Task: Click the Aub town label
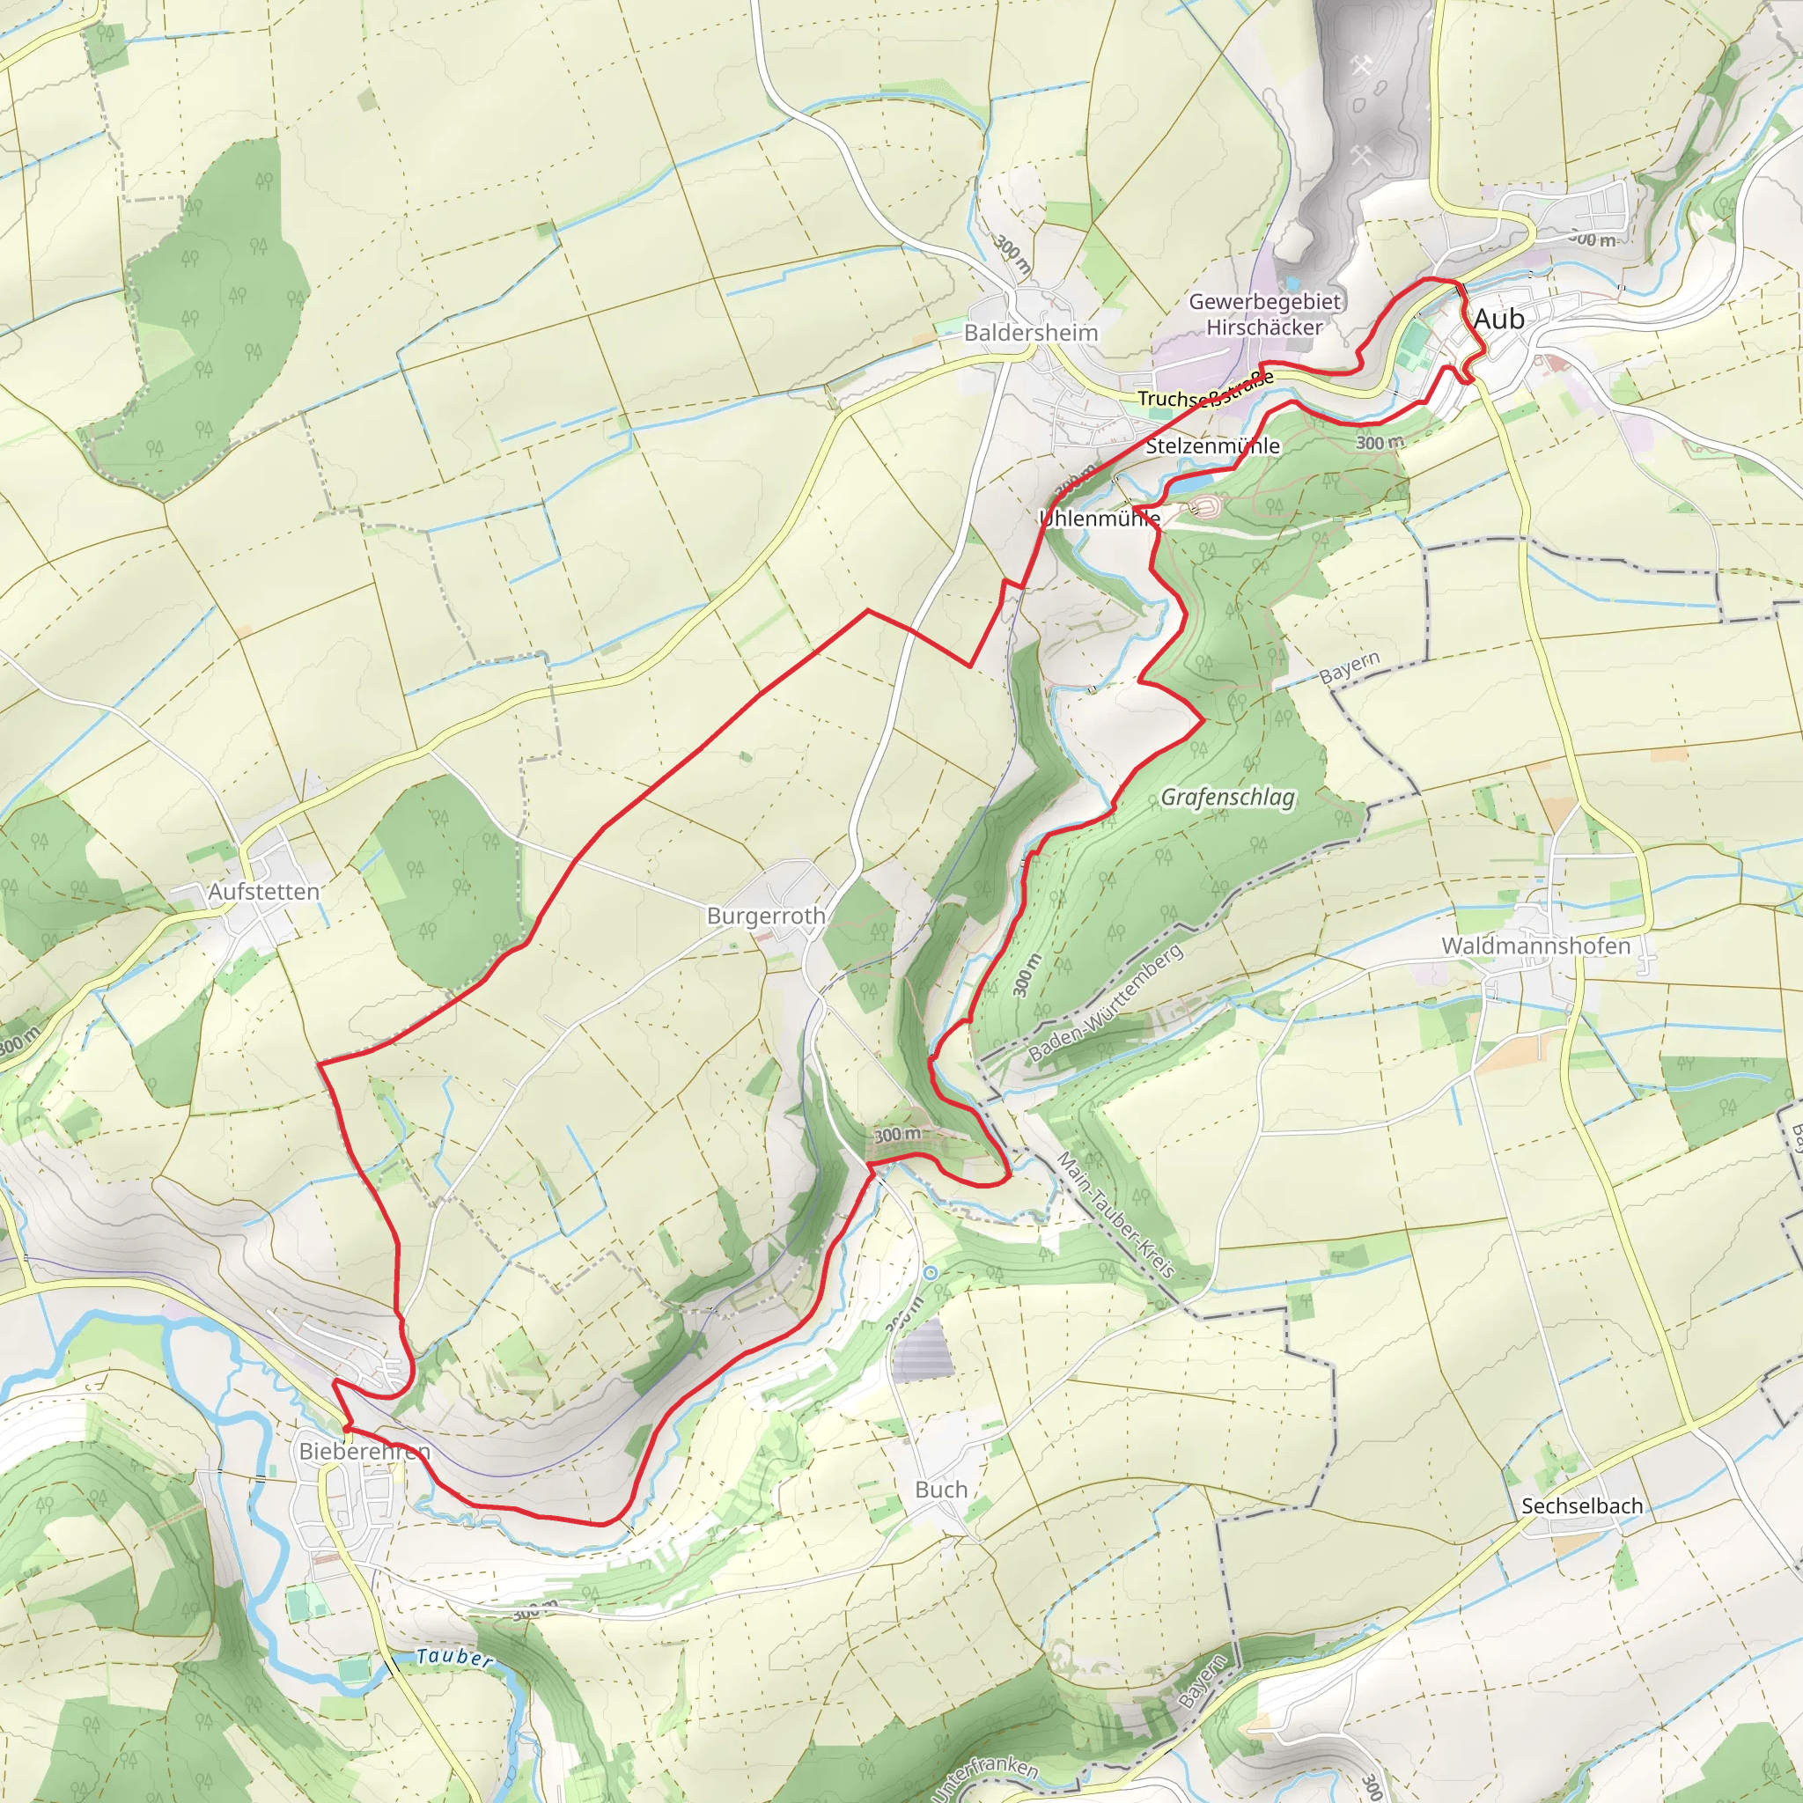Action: [1498, 320]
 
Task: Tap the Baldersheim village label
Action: [1030, 333]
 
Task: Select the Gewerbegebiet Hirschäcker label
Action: [1264, 314]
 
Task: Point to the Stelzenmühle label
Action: [1212, 446]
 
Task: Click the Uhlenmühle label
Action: [1100, 518]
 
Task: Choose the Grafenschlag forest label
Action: [1227, 797]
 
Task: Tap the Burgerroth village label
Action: [765, 916]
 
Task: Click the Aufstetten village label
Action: [263, 891]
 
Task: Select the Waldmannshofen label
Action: [1535, 946]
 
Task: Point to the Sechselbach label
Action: [1582, 1505]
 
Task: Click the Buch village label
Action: [941, 1490]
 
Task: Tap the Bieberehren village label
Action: [364, 1451]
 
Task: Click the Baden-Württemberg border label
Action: [1106, 1004]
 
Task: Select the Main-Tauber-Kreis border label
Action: [1115, 1214]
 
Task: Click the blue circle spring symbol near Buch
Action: [931, 1273]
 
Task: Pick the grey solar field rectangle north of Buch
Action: [923, 1350]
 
